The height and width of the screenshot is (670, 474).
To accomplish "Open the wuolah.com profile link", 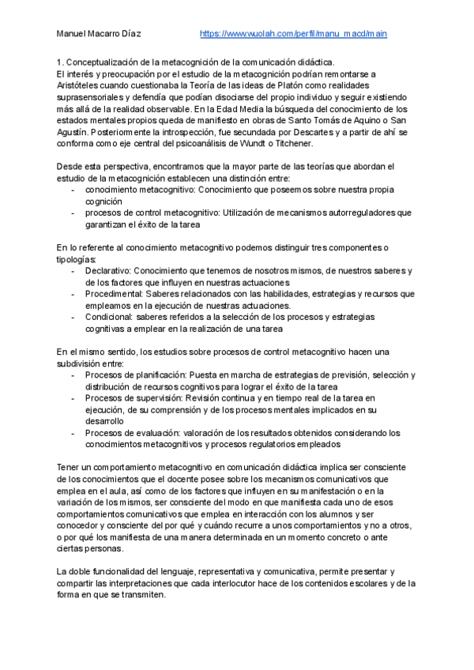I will click(x=293, y=34).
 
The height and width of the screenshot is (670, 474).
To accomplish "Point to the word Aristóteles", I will click(x=85, y=85).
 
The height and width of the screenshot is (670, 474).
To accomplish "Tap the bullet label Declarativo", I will click(x=107, y=271).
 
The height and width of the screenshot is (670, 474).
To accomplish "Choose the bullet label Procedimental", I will click(x=112, y=294).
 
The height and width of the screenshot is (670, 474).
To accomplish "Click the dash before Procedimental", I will click(x=73, y=294).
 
